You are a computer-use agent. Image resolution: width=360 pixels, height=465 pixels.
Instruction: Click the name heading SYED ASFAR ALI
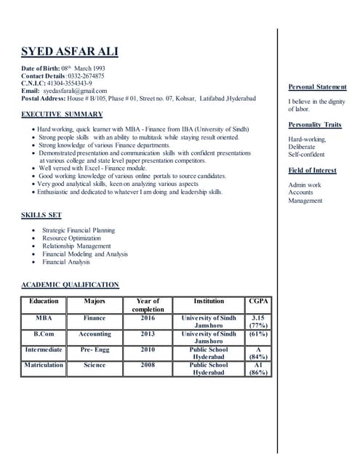(x=69, y=52)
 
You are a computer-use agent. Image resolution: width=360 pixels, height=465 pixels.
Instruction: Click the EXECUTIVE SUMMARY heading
(x=62, y=114)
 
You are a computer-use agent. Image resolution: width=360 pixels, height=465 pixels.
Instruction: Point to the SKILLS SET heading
(x=41, y=215)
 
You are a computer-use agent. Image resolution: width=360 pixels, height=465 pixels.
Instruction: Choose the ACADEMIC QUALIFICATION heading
(x=70, y=285)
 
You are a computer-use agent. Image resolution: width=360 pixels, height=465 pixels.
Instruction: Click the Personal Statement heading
(x=317, y=87)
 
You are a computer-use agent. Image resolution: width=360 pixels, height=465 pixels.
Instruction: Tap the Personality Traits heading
(x=314, y=125)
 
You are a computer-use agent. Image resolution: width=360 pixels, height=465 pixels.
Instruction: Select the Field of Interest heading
(x=312, y=170)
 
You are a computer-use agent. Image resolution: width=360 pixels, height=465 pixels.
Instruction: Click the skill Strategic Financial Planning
(x=79, y=230)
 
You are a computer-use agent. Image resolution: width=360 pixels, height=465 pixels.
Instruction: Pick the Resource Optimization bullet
(x=71, y=238)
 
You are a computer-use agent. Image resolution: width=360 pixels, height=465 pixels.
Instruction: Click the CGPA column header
(x=258, y=301)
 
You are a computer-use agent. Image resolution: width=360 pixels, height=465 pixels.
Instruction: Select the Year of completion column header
(x=148, y=305)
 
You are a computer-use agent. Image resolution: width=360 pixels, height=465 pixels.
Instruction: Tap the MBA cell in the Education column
(x=44, y=318)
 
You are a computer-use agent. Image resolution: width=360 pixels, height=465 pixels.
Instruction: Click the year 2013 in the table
(x=148, y=334)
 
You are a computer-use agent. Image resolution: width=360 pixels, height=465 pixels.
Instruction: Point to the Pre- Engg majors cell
(x=95, y=349)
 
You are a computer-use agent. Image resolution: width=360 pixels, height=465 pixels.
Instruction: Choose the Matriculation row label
(x=44, y=365)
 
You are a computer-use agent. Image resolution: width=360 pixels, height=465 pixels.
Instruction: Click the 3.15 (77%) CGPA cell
(x=258, y=322)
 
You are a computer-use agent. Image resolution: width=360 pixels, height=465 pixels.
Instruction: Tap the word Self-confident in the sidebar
(x=306, y=154)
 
